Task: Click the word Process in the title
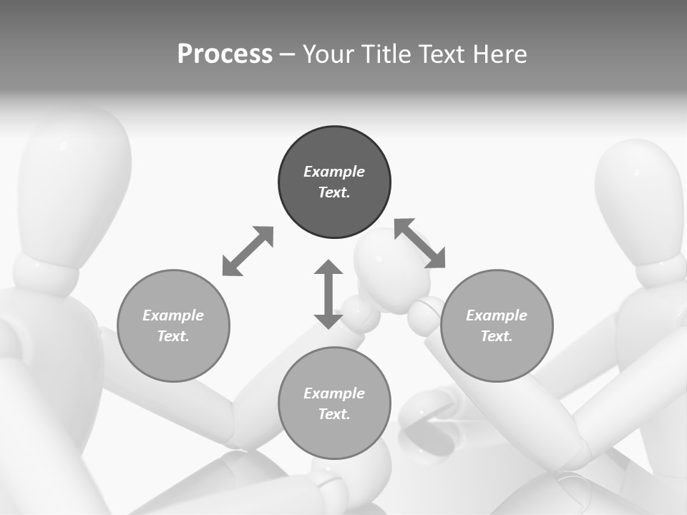click(225, 54)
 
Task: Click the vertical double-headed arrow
click(328, 294)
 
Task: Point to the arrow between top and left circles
click(248, 251)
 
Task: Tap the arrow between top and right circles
click(420, 243)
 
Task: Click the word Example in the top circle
click(334, 172)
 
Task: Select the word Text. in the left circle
click(173, 336)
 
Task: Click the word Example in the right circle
click(497, 315)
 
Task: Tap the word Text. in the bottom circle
click(334, 414)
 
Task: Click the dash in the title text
click(288, 54)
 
